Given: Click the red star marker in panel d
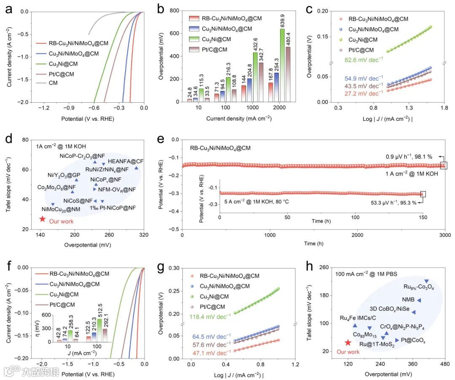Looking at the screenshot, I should pyautogui.click(x=43, y=219).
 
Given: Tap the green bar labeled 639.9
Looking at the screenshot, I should pyautogui.click(x=281, y=65).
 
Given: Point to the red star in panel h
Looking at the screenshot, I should pyautogui.click(x=348, y=343).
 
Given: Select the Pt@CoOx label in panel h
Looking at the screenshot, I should pyautogui.click(x=413, y=340).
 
